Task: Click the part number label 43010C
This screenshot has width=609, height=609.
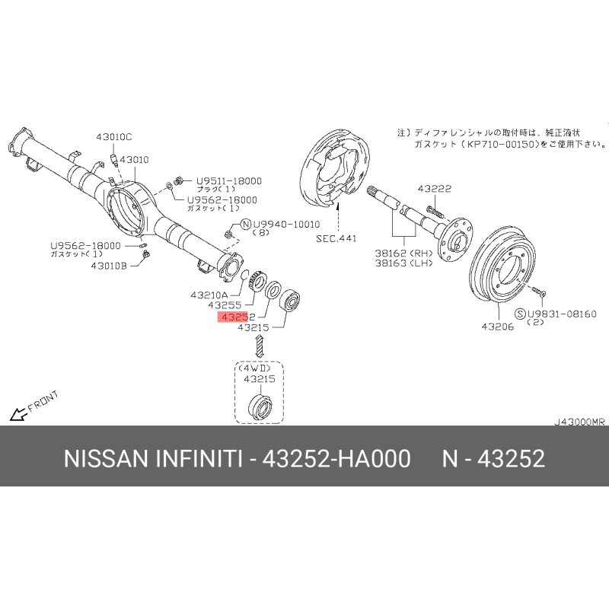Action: pos(113,137)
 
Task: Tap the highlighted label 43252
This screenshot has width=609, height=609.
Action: pos(236,317)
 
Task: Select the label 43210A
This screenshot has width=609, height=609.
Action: pos(209,295)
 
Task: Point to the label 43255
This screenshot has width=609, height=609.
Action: pos(225,305)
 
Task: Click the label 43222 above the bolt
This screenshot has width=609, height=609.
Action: pos(435,189)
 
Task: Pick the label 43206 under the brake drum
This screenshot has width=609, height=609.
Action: pos(498,327)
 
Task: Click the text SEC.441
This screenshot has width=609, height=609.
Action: pos(336,238)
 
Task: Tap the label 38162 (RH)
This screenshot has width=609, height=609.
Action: pos(404,253)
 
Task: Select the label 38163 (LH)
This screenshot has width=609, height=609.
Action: pos(404,263)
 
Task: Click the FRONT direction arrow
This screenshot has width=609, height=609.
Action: pos(18,414)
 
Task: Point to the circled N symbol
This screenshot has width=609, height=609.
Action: pos(246,224)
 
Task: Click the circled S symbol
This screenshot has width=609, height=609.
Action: pos(520,314)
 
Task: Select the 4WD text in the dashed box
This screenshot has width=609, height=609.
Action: pos(255,368)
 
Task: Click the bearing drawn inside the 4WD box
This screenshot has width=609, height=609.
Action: pos(260,407)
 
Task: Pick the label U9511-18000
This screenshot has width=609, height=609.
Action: pos(229,181)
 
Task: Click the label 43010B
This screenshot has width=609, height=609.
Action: pos(109,266)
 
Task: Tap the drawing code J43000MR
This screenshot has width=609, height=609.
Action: pos(579,422)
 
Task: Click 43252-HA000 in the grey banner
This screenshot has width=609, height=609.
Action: pos(336,458)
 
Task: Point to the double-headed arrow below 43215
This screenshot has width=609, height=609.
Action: pos(259,347)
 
